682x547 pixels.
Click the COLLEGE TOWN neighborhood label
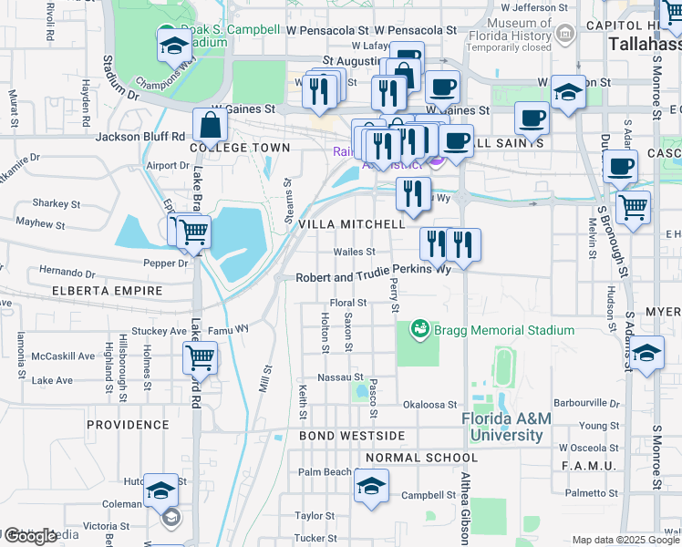(x=240, y=148)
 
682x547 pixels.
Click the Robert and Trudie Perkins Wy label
(x=373, y=272)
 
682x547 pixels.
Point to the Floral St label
(x=347, y=303)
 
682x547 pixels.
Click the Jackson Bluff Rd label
(x=140, y=137)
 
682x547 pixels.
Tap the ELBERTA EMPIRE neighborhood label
(x=108, y=291)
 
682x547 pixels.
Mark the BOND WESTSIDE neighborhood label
(x=351, y=437)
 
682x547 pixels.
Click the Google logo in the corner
(x=30, y=536)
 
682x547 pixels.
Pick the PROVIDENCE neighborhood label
(x=128, y=425)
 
